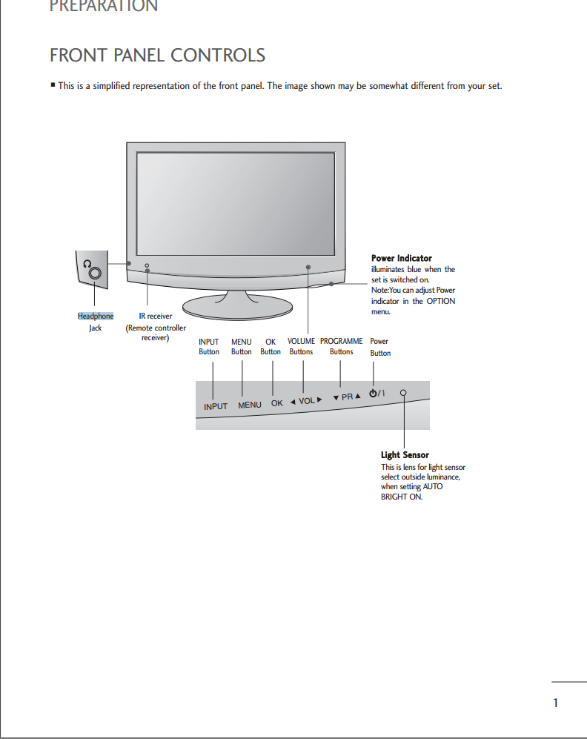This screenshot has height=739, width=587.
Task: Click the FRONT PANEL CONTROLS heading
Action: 157,55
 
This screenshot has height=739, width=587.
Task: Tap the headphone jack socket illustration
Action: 95,273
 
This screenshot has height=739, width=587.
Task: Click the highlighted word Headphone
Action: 96,316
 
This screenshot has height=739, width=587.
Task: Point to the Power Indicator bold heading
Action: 402,258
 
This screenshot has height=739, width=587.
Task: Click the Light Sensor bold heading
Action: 405,455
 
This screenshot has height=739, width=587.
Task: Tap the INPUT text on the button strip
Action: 216,406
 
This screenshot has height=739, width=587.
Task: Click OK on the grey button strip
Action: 277,403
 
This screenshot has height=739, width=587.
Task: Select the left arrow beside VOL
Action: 293,402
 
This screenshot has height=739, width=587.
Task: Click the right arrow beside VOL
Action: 319,400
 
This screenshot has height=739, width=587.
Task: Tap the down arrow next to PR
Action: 336,398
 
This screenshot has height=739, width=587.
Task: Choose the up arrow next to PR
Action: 357,396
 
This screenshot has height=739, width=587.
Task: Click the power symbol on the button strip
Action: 373,393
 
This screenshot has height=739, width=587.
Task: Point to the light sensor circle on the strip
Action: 403,393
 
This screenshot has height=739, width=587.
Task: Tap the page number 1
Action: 555,703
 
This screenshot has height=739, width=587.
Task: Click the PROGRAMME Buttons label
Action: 342,346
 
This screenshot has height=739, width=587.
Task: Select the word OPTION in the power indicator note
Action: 441,301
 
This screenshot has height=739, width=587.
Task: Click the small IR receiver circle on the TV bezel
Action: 147,266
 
